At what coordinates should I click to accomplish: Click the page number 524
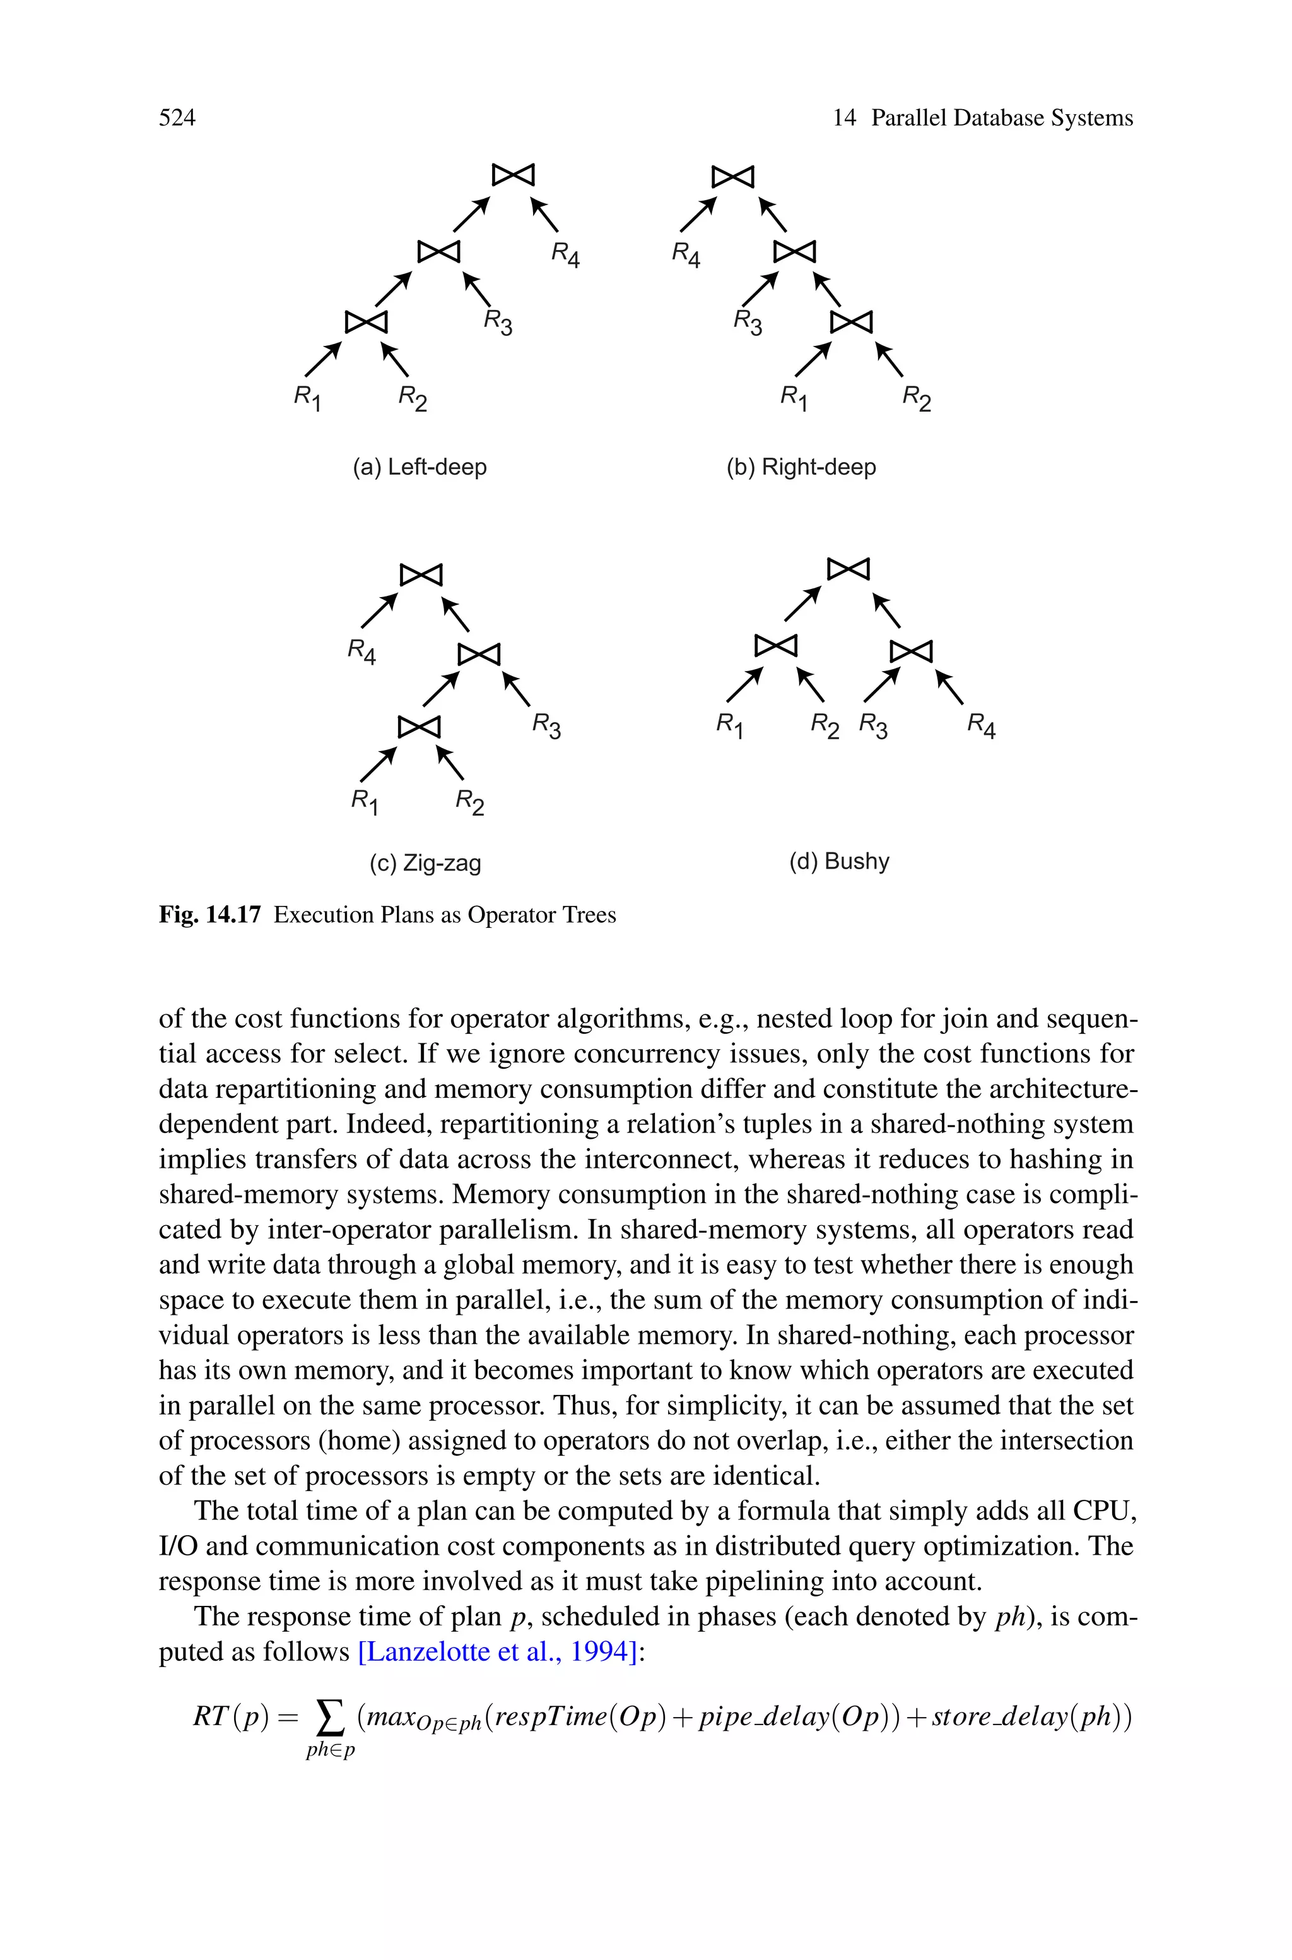click(x=177, y=118)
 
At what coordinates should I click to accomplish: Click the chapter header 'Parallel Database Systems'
click(x=1001, y=118)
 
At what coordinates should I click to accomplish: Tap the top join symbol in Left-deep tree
click(x=514, y=175)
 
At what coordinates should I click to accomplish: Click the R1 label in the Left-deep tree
click(x=307, y=398)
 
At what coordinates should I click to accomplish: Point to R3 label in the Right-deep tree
click(x=748, y=323)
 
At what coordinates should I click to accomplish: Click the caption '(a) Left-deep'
click(x=420, y=467)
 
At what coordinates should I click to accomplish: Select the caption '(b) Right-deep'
click(x=801, y=467)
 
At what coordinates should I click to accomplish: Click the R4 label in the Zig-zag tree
click(x=361, y=651)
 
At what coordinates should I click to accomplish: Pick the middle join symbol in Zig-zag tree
click(x=479, y=653)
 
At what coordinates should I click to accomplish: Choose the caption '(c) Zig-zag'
click(x=425, y=863)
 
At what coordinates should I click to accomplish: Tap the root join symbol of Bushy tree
click(x=848, y=569)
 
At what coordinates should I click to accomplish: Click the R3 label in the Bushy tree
click(x=873, y=726)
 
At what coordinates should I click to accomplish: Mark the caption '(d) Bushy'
click(x=839, y=861)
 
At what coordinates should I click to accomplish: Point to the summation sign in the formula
click(x=329, y=1718)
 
